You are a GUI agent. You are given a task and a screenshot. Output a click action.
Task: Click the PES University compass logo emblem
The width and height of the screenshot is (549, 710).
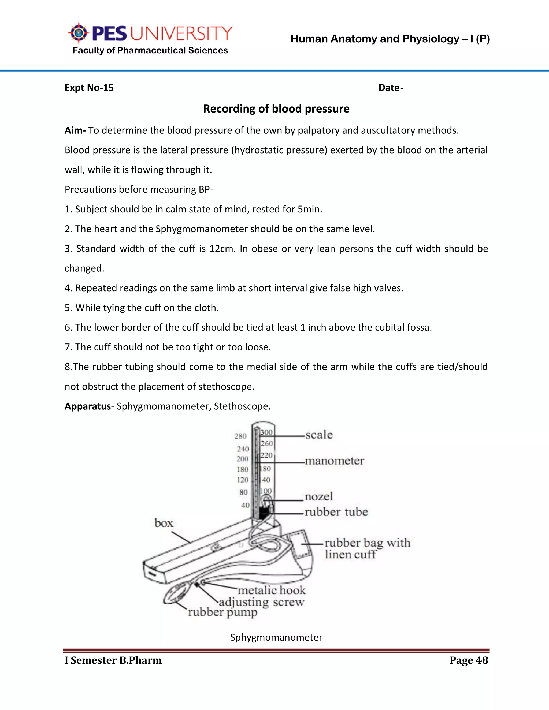coord(78,33)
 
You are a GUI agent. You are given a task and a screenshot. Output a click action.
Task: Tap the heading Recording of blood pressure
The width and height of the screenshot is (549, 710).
coord(276,109)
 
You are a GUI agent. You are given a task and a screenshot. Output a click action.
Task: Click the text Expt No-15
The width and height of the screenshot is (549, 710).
coord(89,88)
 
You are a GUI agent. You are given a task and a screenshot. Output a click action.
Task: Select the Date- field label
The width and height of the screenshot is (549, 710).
coord(391,88)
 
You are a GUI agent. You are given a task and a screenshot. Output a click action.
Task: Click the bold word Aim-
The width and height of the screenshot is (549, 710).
coord(75,130)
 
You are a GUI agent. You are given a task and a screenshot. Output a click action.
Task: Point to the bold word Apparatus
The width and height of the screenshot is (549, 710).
coord(87,406)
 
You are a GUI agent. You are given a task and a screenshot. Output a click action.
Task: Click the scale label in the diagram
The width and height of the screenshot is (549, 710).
coord(319,435)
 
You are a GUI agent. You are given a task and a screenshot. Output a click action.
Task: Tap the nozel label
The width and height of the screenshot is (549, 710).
coord(319,496)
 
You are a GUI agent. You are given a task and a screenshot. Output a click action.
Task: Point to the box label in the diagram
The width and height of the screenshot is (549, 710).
coord(164,523)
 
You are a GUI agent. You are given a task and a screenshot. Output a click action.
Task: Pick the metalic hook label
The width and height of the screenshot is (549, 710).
coord(272,590)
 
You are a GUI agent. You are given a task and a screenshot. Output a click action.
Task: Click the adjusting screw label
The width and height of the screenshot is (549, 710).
coord(261,602)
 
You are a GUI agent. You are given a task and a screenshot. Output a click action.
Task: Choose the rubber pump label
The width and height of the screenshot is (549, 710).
coord(223,612)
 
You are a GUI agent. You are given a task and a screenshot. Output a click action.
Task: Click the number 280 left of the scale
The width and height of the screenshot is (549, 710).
coord(241,436)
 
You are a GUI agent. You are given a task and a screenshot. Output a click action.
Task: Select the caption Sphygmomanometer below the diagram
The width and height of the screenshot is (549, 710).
coord(276,637)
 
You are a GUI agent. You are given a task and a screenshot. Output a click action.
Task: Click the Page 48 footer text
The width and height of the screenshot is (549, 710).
coord(469,660)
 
